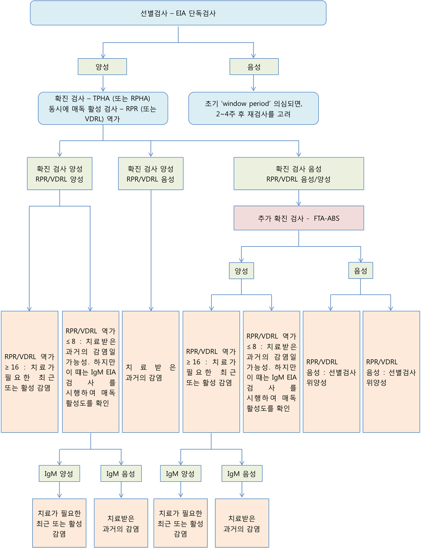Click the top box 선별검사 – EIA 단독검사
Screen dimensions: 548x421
(178, 13)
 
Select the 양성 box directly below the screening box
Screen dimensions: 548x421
(102, 66)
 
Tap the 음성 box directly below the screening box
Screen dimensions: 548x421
(254, 66)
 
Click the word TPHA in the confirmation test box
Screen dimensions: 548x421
(101, 98)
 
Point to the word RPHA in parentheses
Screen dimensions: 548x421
(140, 98)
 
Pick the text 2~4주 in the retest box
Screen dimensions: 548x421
(225, 114)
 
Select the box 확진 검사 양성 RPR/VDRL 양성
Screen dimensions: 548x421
(60, 174)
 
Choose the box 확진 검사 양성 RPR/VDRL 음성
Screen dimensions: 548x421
(151, 174)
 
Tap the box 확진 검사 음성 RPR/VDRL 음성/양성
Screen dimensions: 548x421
(299, 174)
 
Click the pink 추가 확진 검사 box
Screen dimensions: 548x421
(299, 218)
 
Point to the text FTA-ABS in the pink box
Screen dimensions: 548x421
(326, 218)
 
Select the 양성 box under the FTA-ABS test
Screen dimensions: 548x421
(241, 271)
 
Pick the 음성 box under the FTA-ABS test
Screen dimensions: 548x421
(361, 271)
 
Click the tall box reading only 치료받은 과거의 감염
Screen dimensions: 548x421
(151, 372)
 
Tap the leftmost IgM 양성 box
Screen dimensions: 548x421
(59, 474)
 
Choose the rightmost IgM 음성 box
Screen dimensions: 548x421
(242, 474)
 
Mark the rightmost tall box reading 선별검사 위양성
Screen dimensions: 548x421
(391, 372)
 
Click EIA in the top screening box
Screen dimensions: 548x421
(181, 13)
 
